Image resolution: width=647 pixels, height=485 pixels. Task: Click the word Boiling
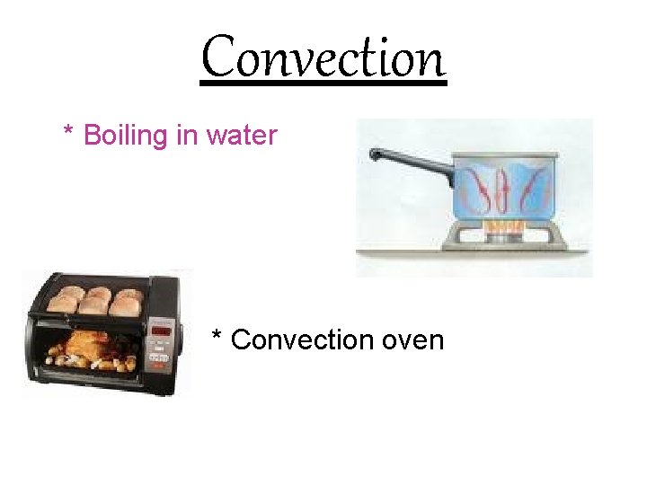[x=125, y=136]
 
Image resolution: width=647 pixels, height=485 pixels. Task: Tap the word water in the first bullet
[x=242, y=136]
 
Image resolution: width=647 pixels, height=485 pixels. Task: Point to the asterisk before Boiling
[x=68, y=133]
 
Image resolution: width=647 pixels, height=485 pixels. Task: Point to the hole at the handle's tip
[x=375, y=154]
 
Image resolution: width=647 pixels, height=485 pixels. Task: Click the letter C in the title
[x=217, y=59]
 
